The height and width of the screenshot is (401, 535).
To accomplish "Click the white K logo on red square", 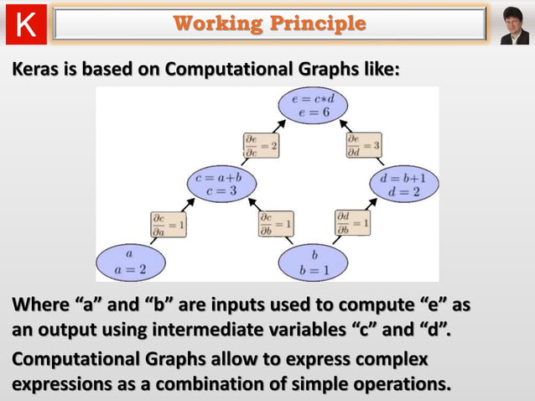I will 26,24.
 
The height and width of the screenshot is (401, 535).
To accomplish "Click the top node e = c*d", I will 313,107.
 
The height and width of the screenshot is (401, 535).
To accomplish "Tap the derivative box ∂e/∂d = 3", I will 363,144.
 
